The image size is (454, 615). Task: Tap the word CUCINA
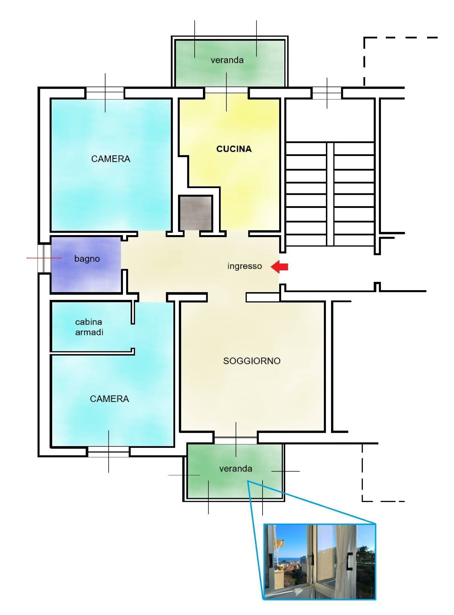(x=234, y=149)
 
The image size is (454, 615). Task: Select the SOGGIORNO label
(x=252, y=361)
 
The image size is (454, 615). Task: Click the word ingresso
(x=245, y=266)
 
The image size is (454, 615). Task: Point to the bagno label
(x=87, y=259)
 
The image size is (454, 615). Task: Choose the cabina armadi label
(x=89, y=327)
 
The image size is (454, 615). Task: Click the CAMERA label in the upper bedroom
(x=111, y=159)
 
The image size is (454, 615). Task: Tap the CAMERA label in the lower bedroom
(x=109, y=399)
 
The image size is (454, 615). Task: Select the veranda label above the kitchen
(x=227, y=60)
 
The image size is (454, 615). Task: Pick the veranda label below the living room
(x=236, y=469)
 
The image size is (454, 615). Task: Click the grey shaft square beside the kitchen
(x=196, y=213)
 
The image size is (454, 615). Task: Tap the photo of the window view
(x=320, y=562)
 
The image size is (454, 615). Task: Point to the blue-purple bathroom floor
(x=86, y=264)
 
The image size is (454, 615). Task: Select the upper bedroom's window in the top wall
(x=105, y=93)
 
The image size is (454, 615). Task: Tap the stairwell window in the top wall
(x=327, y=93)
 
